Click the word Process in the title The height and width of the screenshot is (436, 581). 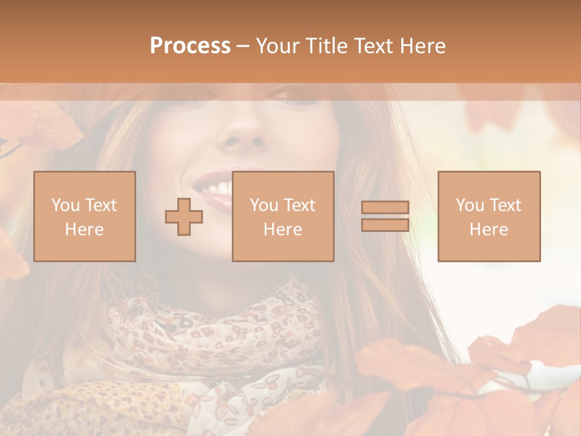[x=190, y=46]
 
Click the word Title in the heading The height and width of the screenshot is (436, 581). [x=326, y=46]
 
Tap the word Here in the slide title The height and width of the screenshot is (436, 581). [x=422, y=46]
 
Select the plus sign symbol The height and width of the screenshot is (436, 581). [x=184, y=216]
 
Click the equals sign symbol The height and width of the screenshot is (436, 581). [x=385, y=216]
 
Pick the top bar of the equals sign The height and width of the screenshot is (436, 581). [x=385, y=208]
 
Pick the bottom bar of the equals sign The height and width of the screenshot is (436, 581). [x=385, y=225]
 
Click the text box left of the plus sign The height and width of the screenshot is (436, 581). [x=85, y=216]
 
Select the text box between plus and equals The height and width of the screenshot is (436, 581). [x=283, y=216]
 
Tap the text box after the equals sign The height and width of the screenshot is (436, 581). [x=489, y=216]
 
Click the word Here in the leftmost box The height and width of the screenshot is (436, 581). [x=85, y=230]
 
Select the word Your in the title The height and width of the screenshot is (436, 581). [x=277, y=46]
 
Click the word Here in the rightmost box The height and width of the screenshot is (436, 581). [x=489, y=230]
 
